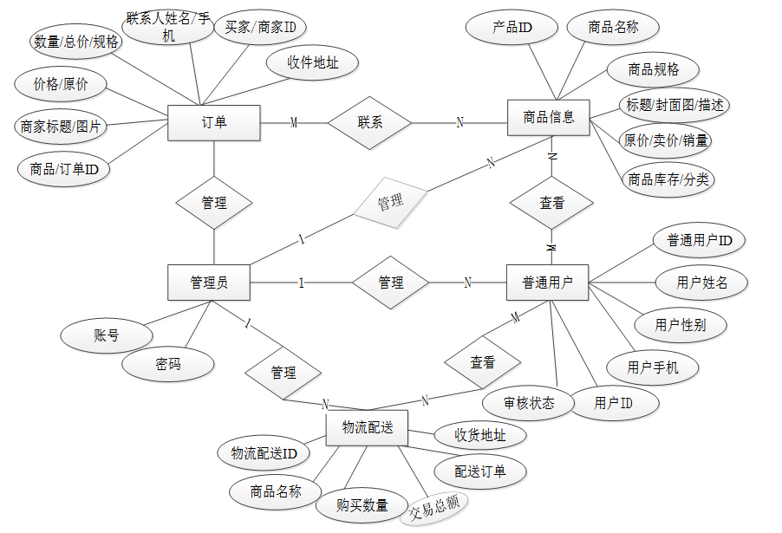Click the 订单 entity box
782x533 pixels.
(213, 122)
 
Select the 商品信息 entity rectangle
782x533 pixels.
(548, 117)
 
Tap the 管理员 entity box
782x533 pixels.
(208, 283)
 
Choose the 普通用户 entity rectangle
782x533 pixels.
(547, 283)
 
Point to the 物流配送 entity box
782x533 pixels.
(367, 427)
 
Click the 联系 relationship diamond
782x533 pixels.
(369, 122)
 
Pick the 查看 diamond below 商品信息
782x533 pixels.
(551, 204)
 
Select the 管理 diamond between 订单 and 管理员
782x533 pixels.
(214, 203)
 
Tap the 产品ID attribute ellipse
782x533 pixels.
(512, 27)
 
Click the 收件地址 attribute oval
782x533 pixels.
(312, 62)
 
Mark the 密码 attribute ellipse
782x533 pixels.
(168, 365)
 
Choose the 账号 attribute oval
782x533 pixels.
(106, 335)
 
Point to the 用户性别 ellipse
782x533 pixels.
(680, 325)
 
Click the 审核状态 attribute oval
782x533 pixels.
(529, 403)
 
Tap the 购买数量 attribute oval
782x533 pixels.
(362, 505)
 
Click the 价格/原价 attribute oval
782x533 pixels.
(61, 85)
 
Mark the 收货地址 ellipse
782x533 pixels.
(480, 435)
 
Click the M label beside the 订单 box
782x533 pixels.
(294, 123)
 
